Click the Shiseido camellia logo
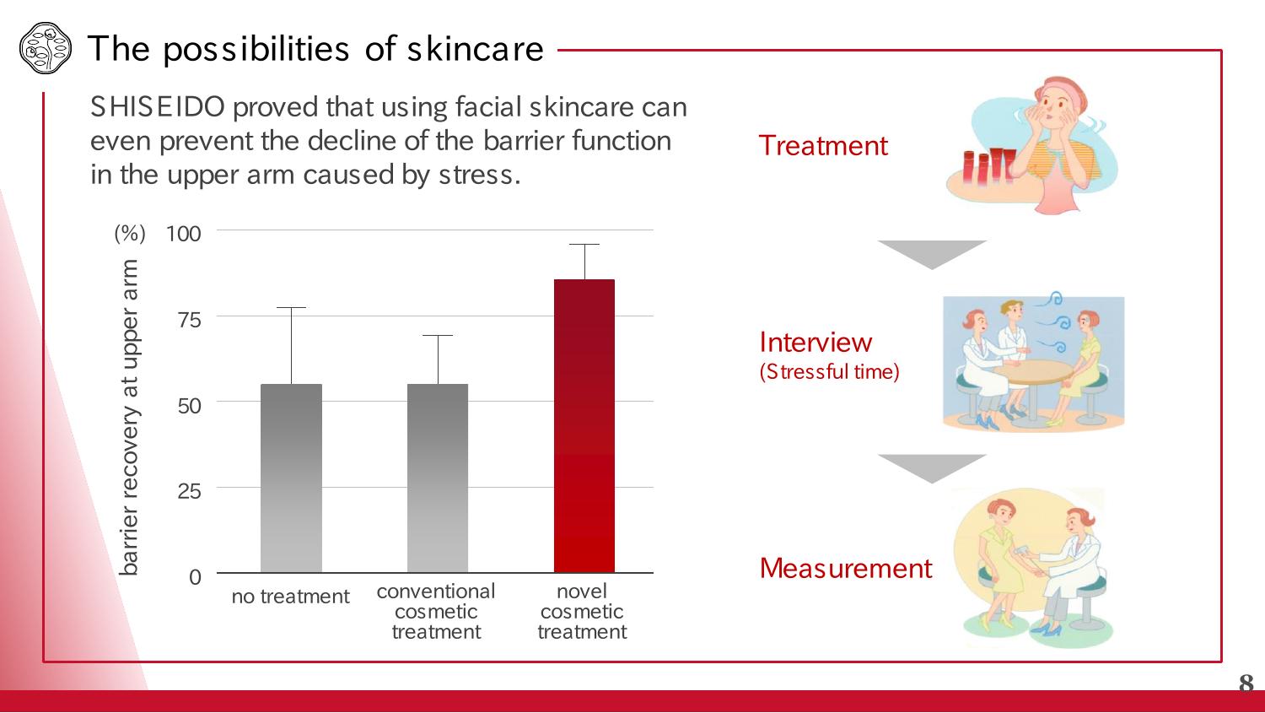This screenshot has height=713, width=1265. pyautogui.click(x=46, y=48)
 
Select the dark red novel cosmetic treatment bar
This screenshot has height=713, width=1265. pyautogui.click(x=584, y=426)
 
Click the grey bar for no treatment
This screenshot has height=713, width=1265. pyautogui.click(x=291, y=478)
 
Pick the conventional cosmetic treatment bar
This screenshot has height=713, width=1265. pyautogui.click(x=438, y=478)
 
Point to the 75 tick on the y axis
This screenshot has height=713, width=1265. pyautogui.click(x=189, y=321)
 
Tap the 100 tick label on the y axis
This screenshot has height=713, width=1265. pyautogui.click(x=184, y=234)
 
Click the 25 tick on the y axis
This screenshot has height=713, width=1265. pyautogui.click(x=189, y=492)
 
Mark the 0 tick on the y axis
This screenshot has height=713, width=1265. pyautogui.click(x=195, y=577)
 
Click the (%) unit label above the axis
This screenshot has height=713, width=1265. pyautogui.click(x=130, y=234)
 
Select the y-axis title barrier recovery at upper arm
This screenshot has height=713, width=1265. pyautogui.click(x=129, y=418)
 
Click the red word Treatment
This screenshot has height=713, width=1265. pyautogui.click(x=823, y=146)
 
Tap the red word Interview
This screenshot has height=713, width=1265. pyautogui.click(x=816, y=343)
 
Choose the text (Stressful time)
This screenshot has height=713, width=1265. pyautogui.click(x=829, y=372)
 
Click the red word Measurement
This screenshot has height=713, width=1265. pyautogui.click(x=845, y=569)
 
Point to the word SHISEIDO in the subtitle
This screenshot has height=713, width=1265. pyautogui.click(x=158, y=107)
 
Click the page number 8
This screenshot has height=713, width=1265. pyautogui.click(x=1246, y=683)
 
